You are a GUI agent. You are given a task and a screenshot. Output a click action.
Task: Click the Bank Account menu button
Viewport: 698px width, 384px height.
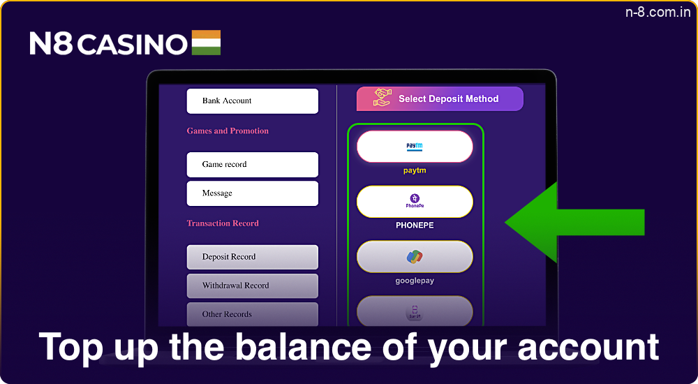252,101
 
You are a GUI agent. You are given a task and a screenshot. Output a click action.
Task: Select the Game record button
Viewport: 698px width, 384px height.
252,165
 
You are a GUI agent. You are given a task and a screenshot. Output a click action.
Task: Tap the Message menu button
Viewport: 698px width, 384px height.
252,193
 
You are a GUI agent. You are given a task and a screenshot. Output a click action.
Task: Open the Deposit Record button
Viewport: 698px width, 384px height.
252,257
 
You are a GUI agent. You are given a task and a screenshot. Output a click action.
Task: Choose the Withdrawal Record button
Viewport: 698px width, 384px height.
252,286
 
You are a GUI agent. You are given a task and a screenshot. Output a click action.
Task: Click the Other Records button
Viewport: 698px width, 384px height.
252,314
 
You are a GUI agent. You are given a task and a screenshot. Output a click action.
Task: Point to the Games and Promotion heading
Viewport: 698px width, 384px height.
228,131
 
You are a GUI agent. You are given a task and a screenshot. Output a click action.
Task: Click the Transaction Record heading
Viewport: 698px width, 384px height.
223,223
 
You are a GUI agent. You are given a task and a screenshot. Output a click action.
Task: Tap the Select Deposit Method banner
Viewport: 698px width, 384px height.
440,99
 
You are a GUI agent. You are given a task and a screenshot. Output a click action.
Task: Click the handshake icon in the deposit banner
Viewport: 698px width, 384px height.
382,98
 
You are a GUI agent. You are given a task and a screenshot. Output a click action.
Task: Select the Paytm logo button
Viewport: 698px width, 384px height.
415,147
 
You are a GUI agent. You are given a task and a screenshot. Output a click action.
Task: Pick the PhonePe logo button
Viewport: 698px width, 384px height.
415,202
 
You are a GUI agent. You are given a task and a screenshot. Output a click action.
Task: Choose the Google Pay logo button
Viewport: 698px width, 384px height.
415,257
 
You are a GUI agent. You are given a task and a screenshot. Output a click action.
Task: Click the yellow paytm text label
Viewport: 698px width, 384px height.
415,170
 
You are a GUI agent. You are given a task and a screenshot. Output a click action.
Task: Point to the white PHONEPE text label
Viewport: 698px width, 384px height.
415,226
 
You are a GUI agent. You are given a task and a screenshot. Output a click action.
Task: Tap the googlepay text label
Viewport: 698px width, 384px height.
415,281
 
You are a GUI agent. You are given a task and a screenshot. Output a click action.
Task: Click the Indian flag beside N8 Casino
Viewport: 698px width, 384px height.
206,43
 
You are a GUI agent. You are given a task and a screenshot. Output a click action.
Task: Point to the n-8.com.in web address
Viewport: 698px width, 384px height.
654,13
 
